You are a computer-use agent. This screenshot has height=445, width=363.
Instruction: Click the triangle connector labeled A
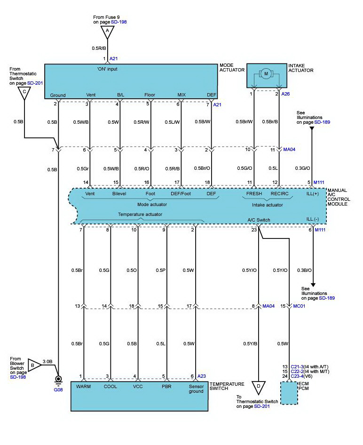(107, 32)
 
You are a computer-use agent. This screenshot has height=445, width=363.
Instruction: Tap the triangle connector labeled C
(24, 92)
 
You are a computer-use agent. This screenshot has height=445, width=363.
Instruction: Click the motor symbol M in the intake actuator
(266, 73)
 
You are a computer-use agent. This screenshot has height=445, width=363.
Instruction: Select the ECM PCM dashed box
(289, 393)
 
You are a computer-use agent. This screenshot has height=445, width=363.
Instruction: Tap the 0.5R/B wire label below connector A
(99, 48)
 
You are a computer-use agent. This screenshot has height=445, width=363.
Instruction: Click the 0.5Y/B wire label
(250, 343)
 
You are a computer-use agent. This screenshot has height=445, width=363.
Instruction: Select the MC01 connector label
(300, 306)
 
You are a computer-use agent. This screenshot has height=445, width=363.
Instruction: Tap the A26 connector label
(286, 94)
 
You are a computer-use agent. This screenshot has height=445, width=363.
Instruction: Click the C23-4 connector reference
(299, 376)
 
